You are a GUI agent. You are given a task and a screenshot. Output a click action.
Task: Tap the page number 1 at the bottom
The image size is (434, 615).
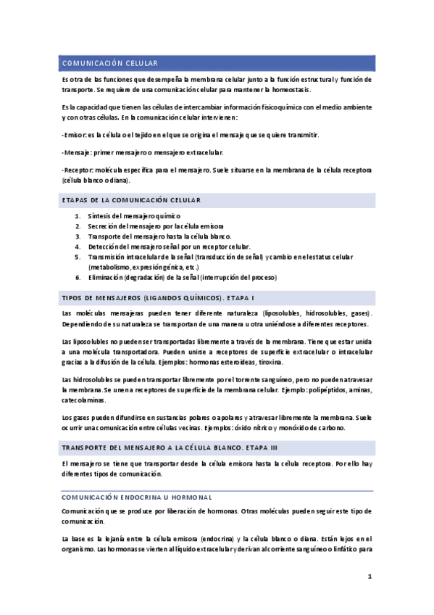click(369, 577)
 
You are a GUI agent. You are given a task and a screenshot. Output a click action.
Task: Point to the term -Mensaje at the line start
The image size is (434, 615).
click(77, 152)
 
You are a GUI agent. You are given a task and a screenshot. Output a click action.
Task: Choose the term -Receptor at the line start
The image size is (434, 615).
click(78, 170)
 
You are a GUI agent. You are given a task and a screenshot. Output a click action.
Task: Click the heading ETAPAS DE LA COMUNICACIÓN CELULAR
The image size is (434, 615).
click(131, 199)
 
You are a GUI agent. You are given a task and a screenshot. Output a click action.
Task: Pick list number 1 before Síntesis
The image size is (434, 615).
click(78, 216)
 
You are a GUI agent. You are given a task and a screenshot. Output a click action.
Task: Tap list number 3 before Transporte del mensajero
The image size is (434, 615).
click(78, 236)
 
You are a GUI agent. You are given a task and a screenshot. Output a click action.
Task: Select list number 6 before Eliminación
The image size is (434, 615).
click(78, 277)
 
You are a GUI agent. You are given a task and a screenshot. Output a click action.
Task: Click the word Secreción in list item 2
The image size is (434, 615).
click(104, 226)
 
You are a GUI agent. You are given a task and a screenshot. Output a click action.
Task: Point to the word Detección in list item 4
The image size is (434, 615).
click(104, 247)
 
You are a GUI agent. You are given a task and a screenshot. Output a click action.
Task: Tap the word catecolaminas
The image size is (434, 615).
click(83, 400)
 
